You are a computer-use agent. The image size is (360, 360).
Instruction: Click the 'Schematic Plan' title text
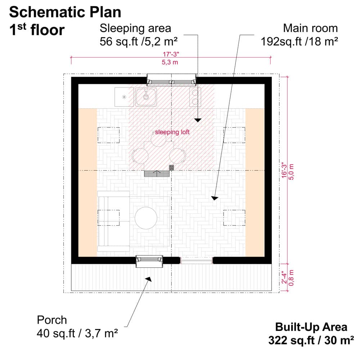coord(65,12)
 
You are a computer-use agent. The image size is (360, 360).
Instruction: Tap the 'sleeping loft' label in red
coord(172,132)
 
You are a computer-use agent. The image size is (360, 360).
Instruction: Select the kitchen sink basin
coord(146,97)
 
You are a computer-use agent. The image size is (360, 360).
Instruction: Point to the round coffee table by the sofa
coord(146,218)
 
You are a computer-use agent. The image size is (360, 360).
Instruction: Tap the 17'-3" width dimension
coord(171,54)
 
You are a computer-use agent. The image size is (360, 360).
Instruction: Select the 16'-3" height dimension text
coord(284,170)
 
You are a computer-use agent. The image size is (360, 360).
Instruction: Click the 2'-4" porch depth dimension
coord(284,278)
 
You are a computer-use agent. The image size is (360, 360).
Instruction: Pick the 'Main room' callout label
coord(299,35)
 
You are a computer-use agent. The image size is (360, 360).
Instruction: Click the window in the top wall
coord(172,80)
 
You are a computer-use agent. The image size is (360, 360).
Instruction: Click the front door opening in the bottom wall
coord(197,261)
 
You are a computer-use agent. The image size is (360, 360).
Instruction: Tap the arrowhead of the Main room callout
coord(215,198)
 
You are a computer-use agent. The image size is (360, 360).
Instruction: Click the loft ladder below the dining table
coord(157,174)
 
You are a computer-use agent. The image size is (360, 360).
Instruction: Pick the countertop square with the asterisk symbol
coord(124,97)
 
